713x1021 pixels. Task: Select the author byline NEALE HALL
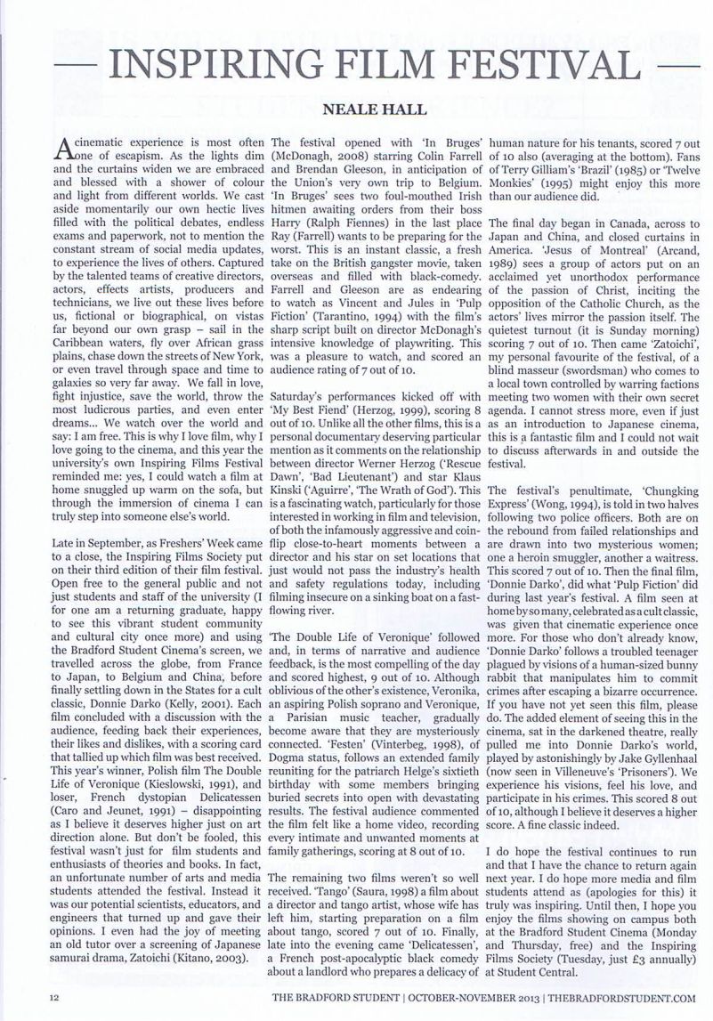click(x=356, y=114)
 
